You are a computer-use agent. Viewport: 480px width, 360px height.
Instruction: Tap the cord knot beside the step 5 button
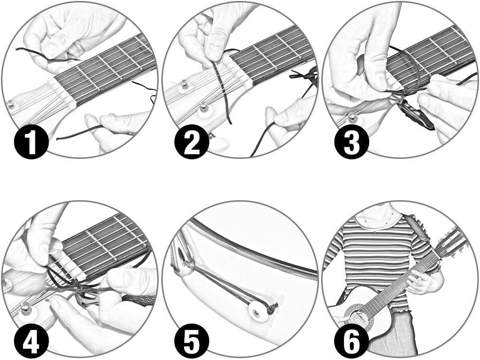tap(273, 308)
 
